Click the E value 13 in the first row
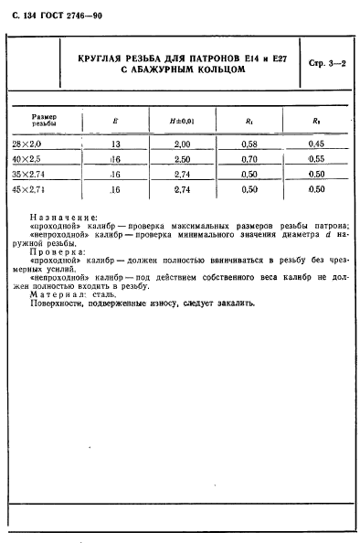(x=115, y=144)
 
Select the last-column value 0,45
(x=316, y=144)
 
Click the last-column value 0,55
(x=316, y=158)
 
